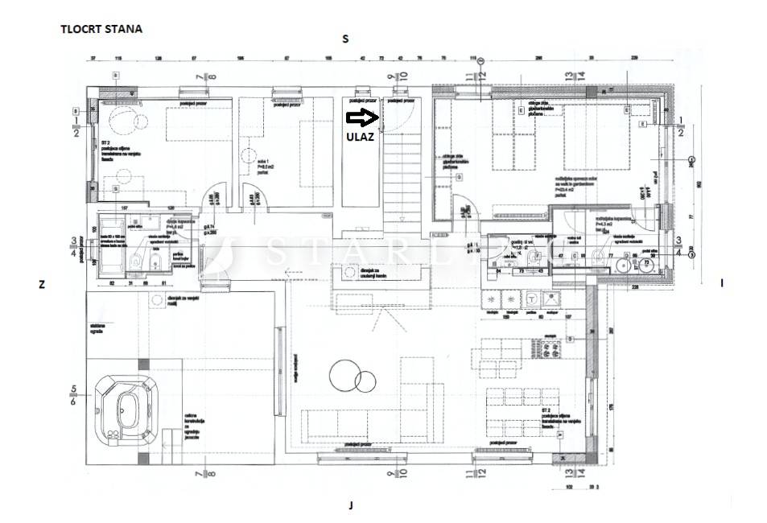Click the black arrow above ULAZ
(362, 118)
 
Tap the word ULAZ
(360, 137)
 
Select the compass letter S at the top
(345, 39)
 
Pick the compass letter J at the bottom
(351, 505)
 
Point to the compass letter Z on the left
(39, 283)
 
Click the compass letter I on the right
(722, 282)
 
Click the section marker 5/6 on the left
(74, 396)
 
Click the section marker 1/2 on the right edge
(682, 126)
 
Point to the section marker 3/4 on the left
(74, 245)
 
